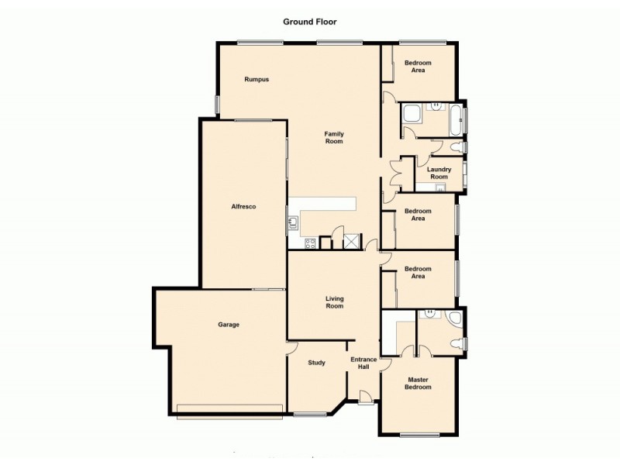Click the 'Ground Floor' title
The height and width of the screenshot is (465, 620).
pos(309,22)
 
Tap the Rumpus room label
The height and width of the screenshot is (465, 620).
pos(257,79)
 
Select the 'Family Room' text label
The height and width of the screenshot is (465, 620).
pos(333,138)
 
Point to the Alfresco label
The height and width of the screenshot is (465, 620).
pos(243,206)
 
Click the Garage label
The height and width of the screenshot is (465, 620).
pos(228,324)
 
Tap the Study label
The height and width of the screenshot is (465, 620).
pos(316,363)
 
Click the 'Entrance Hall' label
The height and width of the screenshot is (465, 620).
pos(363,363)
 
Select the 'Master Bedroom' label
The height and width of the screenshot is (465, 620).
pos(418,383)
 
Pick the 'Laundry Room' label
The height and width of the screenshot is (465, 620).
pos(439,173)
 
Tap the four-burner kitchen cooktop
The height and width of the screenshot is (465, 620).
pos(310,243)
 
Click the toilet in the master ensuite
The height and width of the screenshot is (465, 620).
pos(456,343)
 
